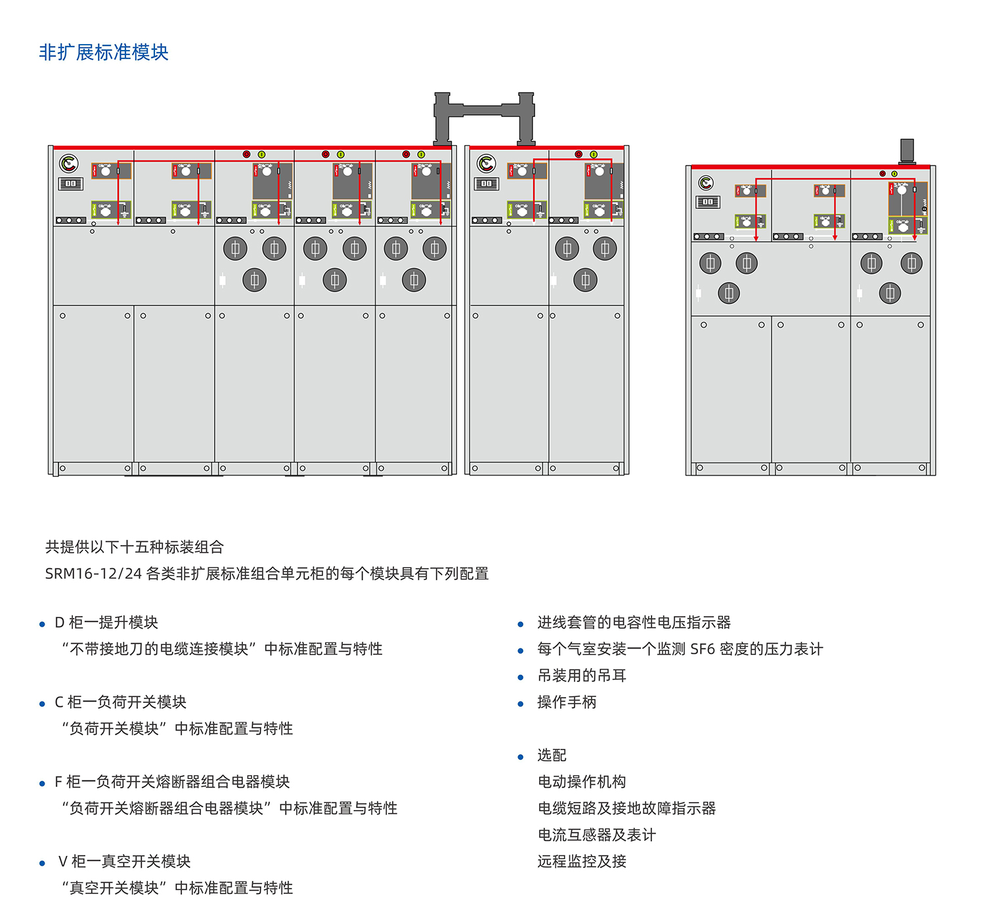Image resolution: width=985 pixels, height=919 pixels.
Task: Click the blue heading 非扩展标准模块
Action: point(104,52)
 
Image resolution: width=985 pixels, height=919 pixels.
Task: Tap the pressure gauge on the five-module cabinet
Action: point(69,164)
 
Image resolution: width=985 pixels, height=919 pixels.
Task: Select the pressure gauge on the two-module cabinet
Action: point(486,164)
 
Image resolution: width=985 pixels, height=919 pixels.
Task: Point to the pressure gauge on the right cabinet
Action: point(706,183)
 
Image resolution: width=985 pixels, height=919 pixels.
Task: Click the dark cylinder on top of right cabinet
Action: point(907,151)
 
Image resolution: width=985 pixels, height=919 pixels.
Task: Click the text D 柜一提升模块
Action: point(106,622)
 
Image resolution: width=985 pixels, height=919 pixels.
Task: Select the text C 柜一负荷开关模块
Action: point(120,702)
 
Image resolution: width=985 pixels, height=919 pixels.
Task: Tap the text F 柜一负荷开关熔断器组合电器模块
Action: point(171,781)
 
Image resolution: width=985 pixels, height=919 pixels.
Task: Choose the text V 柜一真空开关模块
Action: point(124,861)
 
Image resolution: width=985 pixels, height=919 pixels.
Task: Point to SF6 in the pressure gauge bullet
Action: point(702,648)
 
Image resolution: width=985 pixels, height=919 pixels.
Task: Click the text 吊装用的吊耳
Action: point(582,675)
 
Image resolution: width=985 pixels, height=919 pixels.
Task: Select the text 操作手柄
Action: point(567,702)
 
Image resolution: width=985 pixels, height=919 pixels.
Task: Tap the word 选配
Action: point(552,755)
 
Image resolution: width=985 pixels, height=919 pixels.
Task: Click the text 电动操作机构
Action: point(582,781)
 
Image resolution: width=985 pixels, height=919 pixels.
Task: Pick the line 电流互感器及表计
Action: point(597,834)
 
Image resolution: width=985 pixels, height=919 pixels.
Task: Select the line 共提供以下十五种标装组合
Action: point(135,547)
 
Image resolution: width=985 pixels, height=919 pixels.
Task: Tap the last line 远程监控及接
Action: point(582,861)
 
